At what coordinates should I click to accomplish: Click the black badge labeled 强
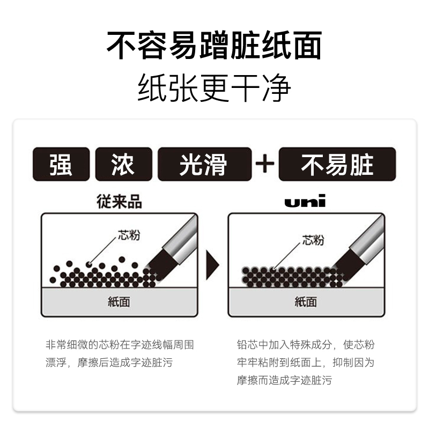pyautogui.click(x=61, y=164)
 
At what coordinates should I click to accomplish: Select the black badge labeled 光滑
pyautogui.click(x=204, y=164)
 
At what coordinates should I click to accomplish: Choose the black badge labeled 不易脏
pyautogui.click(x=337, y=164)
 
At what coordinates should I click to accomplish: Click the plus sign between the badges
pyautogui.click(x=265, y=164)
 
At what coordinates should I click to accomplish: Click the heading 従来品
pyautogui.click(x=119, y=202)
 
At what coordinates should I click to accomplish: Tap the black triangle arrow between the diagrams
pyautogui.click(x=212, y=264)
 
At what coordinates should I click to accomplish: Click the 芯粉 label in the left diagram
pyautogui.click(x=129, y=235)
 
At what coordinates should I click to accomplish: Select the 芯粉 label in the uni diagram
pyautogui.click(x=313, y=240)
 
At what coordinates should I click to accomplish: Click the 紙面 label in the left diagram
pyautogui.click(x=119, y=301)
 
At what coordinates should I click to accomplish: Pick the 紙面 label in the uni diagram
pyautogui.click(x=305, y=301)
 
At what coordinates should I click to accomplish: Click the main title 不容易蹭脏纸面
pyautogui.click(x=214, y=46)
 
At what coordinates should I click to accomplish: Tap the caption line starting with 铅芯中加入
pyautogui.click(x=306, y=344)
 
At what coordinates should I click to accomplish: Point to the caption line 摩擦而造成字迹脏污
pyautogui.click(x=284, y=380)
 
